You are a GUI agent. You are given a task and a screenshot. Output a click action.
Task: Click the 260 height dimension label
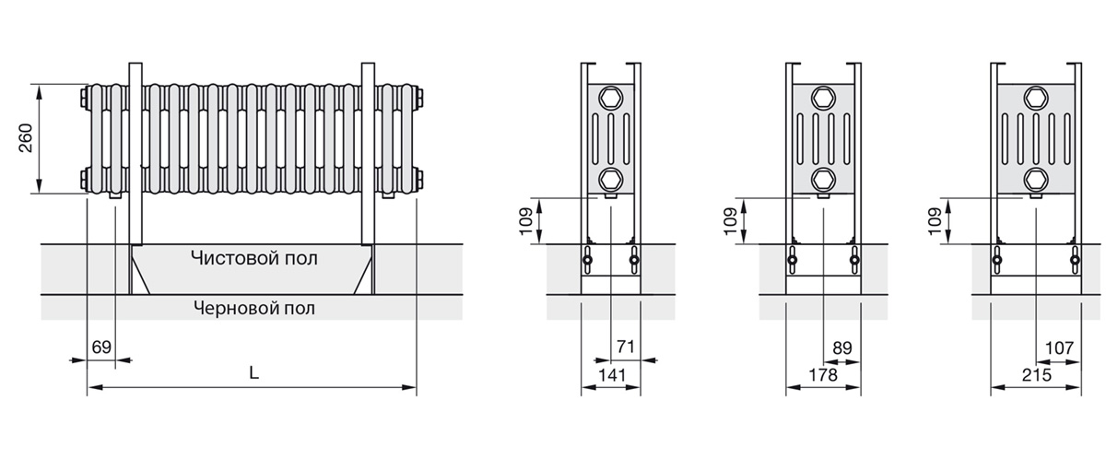coord(26,138)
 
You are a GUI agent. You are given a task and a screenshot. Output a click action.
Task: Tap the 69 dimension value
coord(101,347)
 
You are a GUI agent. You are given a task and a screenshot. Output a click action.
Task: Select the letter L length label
coord(253,372)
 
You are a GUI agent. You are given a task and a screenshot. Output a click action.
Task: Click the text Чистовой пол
coord(254,258)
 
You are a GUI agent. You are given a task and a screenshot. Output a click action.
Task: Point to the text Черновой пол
coord(254,308)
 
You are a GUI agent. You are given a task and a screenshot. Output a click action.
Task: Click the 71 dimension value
coord(626,347)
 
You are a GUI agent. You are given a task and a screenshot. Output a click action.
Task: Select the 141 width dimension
coord(612,375)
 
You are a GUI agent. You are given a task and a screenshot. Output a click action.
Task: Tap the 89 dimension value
coord(842,348)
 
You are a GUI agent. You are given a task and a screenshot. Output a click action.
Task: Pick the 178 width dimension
coord(823,375)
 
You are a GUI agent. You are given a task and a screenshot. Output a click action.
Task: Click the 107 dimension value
coord(1060,348)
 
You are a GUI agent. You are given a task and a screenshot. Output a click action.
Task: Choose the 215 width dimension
coord(1037,375)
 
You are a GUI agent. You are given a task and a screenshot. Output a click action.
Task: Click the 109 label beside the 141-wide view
coord(526,221)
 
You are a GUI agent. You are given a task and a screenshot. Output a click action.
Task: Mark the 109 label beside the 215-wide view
coord(935,221)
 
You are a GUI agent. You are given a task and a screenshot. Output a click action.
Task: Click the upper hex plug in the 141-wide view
coord(611,98)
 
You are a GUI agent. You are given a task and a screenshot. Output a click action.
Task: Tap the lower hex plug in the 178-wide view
coord(824,179)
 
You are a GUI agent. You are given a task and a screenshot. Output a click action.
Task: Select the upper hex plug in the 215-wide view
coord(1036,98)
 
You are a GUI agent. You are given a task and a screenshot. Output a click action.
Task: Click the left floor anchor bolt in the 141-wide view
coord(588,260)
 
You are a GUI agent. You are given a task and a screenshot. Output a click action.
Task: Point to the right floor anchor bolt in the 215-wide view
coord(1075,260)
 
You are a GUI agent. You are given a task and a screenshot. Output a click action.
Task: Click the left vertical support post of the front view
coord(135,154)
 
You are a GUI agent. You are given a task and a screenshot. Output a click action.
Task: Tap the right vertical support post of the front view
coord(368,154)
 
